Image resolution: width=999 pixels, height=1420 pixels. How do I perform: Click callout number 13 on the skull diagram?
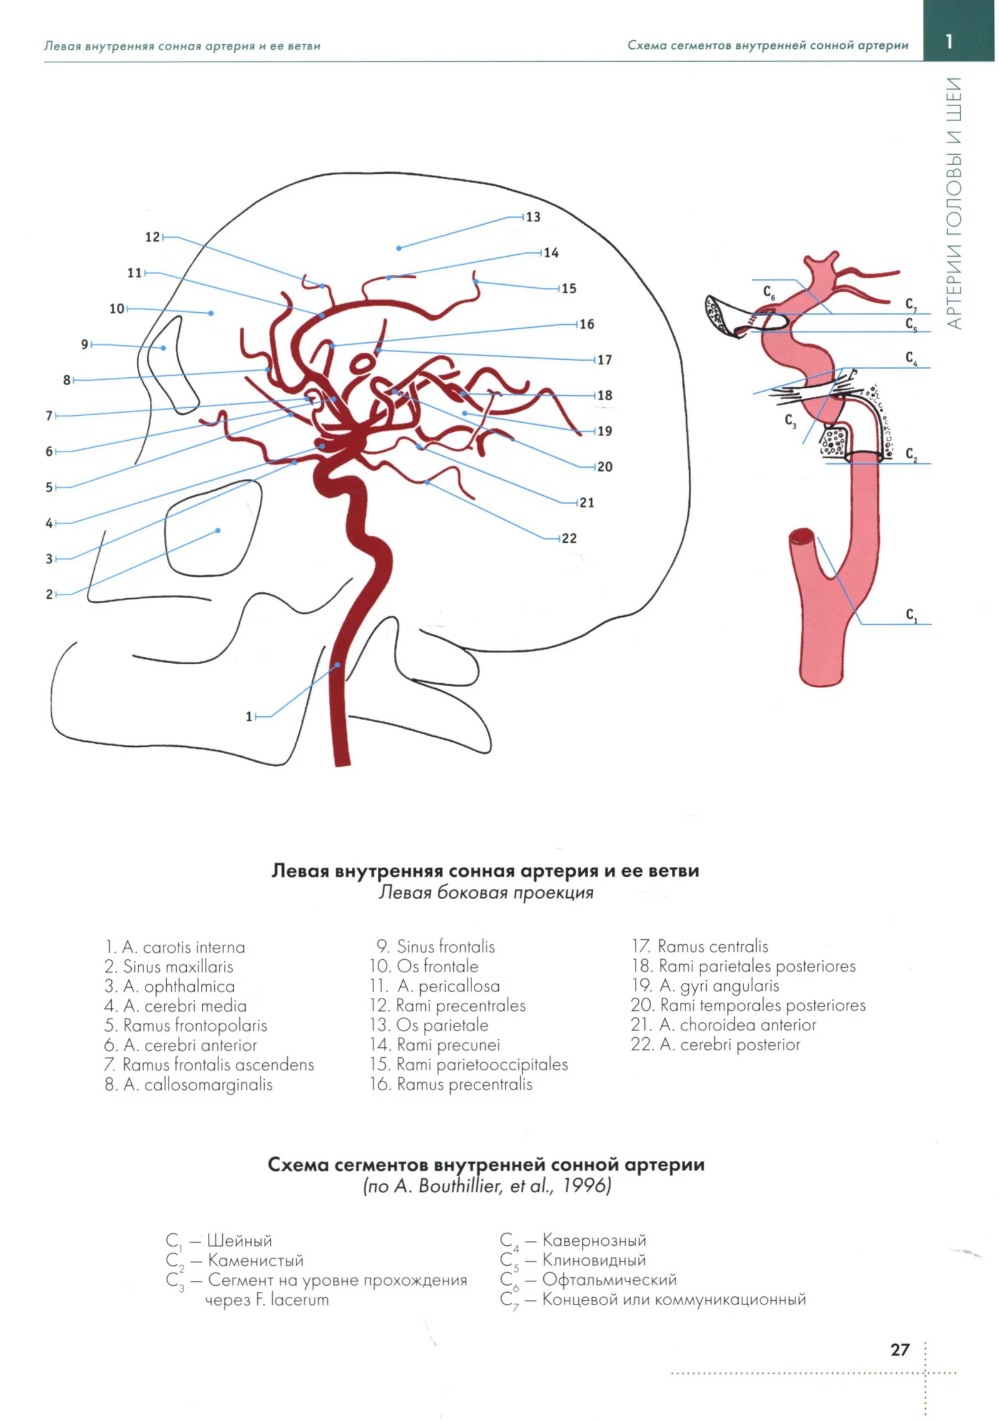tap(533, 217)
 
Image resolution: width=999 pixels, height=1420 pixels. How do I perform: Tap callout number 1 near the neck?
tap(249, 716)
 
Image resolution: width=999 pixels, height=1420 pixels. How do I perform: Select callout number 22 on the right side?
tap(569, 538)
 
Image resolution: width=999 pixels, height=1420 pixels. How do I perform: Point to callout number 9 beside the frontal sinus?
tap(85, 344)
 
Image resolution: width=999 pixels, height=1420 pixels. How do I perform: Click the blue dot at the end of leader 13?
tap(399, 248)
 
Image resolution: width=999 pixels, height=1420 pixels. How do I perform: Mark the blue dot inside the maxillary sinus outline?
tap(218, 530)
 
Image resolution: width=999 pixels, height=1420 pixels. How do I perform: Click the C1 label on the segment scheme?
tap(912, 615)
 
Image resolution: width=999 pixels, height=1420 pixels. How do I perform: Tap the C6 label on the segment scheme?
tap(769, 292)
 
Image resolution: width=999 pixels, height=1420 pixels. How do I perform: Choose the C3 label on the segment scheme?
tap(790, 421)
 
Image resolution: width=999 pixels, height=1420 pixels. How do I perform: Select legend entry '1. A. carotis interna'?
tap(175, 947)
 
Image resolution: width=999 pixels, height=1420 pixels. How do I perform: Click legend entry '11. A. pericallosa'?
tap(435, 985)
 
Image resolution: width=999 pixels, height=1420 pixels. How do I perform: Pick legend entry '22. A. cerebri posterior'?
tap(716, 1044)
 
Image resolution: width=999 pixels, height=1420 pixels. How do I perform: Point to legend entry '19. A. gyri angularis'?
tap(706, 985)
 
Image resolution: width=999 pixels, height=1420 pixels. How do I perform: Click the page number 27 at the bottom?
tap(900, 1349)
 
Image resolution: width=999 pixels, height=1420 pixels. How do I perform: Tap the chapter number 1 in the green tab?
tap(948, 41)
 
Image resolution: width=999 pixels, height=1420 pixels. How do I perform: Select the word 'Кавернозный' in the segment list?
tap(594, 1240)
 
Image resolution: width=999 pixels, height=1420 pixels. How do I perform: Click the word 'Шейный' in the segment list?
tap(240, 1240)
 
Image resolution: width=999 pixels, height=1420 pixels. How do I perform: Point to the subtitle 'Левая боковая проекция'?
tap(486, 892)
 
